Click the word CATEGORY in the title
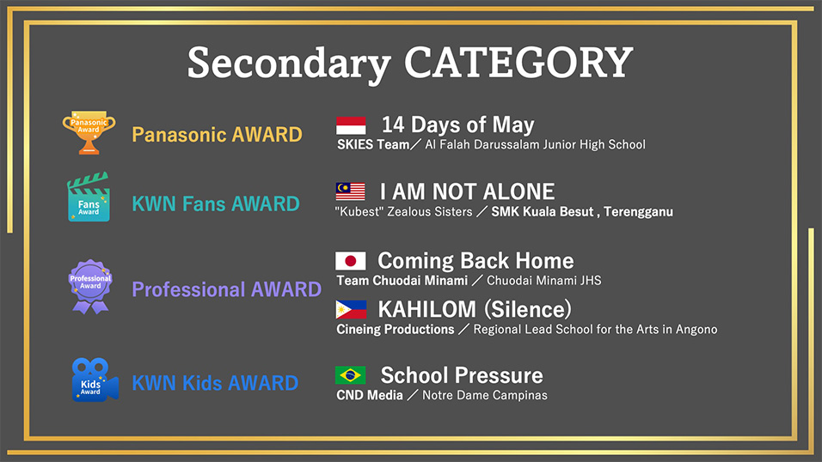pyautogui.click(x=518, y=63)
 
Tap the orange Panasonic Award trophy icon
pyautogui.click(x=89, y=132)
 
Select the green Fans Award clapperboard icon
pyautogui.click(x=89, y=197)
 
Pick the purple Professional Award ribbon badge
pyautogui.click(x=90, y=287)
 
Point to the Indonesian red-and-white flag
pyautogui.click(x=351, y=125)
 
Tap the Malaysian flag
pyautogui.click(x=351, y=191)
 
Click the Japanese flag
pyautogui.click(x=351, y=261)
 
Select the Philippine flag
pyautogui.click(x=351, y=309)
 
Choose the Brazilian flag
pyautogui.click(x=350, y=375)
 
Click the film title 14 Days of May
pyautogui.click(x=457, y=125)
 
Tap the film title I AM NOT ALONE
pyautogui.click(x=467, y=191)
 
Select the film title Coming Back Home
pyautogui.click(x=475, y=260)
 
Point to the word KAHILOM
pyautogui.click(x=426, y=309)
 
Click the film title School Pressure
pyautogui.click(x=462, y=375)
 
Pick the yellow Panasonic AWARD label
pyautogui.click(x=217, y=135)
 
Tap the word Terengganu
pyautogui.click(x=638, y=211)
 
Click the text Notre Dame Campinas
pyautogui.click(x=484, y=395)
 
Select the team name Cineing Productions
pyautogui.click(x=396, y=329)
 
